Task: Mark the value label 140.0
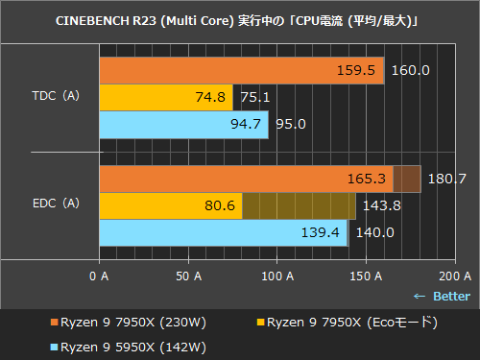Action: pos(374,232)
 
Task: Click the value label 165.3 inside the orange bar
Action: pos(367,179)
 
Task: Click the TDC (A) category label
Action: pos(56,96)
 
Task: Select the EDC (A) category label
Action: pos(56,204)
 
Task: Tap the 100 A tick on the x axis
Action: pos(277,276)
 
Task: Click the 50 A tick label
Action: pos(187,276)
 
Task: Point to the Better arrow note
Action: pos(442,296)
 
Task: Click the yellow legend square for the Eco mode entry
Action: pos(262,322)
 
